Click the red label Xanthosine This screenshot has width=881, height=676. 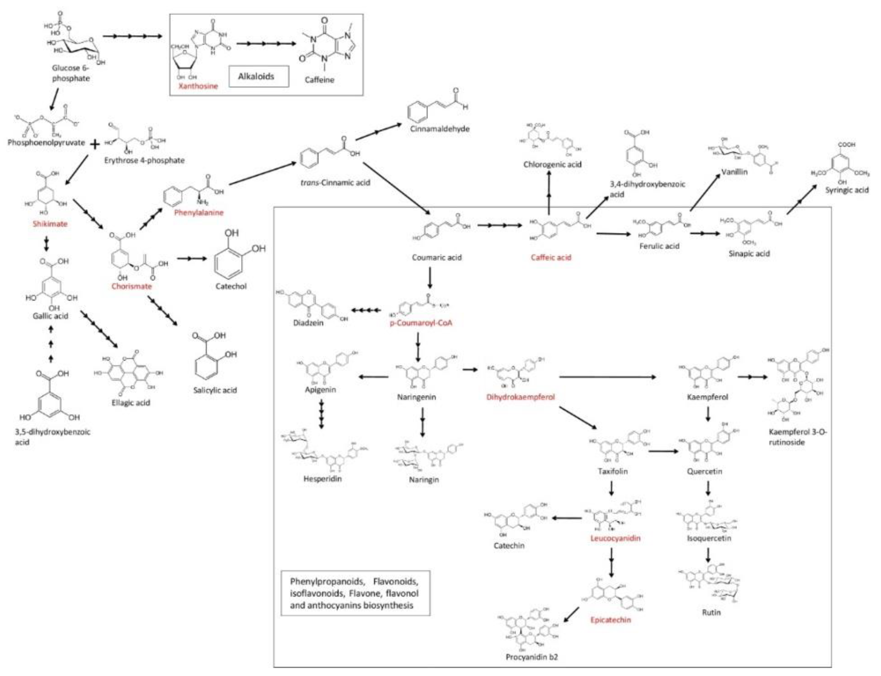198,86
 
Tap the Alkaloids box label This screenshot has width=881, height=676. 256,76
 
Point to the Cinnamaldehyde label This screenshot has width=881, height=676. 439,129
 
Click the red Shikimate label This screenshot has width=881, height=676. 50,224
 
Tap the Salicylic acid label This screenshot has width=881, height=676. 215,390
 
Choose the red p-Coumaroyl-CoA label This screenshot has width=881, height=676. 421,323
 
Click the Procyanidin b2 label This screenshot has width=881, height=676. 532,657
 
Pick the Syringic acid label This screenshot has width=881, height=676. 847,190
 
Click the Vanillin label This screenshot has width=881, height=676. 734,172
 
